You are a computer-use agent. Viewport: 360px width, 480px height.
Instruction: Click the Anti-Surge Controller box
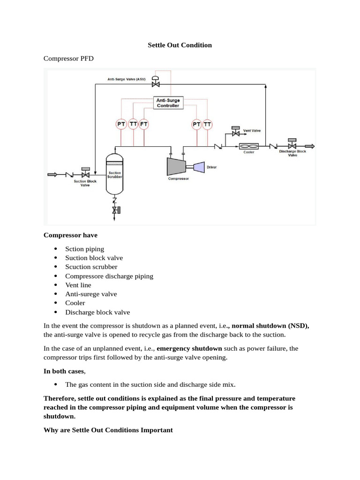click(x=168, y=103)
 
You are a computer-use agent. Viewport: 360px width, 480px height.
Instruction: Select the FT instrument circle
click(x=144, y=124)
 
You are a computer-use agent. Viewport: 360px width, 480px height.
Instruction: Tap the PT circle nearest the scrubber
click(x=121, y=124)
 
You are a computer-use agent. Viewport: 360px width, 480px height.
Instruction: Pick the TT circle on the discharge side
click(x=207, y=124)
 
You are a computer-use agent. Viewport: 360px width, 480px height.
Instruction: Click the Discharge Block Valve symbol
click(x=292, y=146)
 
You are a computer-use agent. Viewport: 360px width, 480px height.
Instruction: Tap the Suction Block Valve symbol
click(x=85, y=174)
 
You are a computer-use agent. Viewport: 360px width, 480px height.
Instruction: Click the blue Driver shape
click(x=199, y=166)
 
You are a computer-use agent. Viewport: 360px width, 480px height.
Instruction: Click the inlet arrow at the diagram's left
click(x=52, y=174)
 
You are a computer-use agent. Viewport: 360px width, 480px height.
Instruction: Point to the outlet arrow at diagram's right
click(x=309, y=146)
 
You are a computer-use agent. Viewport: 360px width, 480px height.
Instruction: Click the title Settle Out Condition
click(x=180, y=45)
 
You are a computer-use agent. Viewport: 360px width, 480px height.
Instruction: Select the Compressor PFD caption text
click(x=68, y=59)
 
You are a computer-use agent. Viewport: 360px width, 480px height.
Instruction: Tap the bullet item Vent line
click(x=78, y=285)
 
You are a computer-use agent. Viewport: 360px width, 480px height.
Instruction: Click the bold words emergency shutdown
click(x=189, y=348)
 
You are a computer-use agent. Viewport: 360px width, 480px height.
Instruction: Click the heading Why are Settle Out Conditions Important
click(x=108, y=429)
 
